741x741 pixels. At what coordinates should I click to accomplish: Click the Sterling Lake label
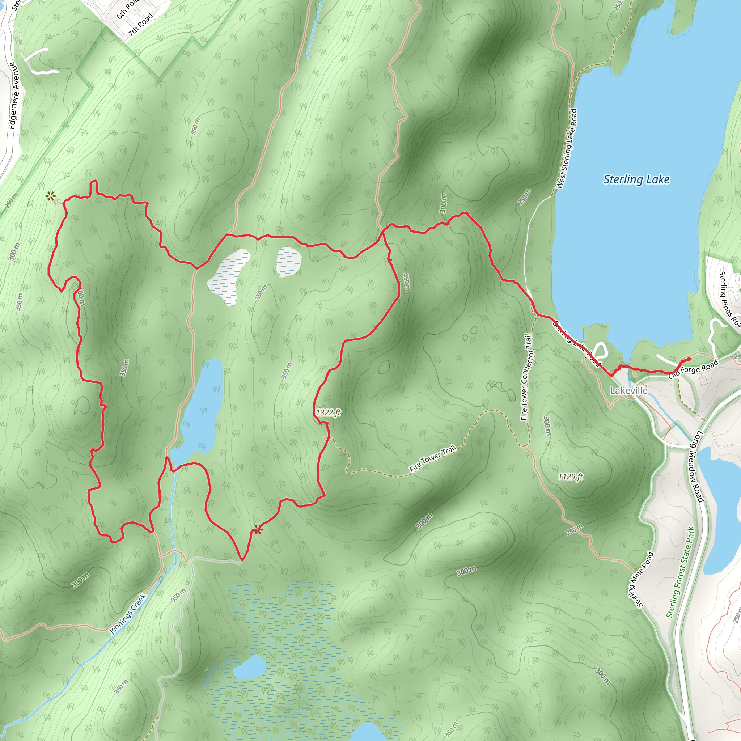[x=636, y=179]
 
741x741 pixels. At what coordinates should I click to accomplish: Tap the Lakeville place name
[x=628, y=390]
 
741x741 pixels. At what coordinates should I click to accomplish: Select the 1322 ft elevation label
[x=328, y=413]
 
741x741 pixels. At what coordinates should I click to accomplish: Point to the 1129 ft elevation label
[x=570, y=477]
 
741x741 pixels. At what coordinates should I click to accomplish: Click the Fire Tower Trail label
[x=433, y=458]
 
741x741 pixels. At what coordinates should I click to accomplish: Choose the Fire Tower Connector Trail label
[x=526, y=377]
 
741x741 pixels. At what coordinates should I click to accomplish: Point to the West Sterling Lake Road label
[x=567, y=149]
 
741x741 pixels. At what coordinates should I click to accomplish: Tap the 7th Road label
[x=141, y=25]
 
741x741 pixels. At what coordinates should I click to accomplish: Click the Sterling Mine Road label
[x=645, y=580]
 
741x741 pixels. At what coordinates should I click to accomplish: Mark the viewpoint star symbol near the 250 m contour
[x=50, y=197]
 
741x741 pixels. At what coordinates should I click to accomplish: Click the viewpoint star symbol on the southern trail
[x=257, y=530]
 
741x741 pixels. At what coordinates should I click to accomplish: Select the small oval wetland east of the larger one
[x=288, y=262]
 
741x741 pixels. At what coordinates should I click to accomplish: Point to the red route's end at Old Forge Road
[x=689, y=359]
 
